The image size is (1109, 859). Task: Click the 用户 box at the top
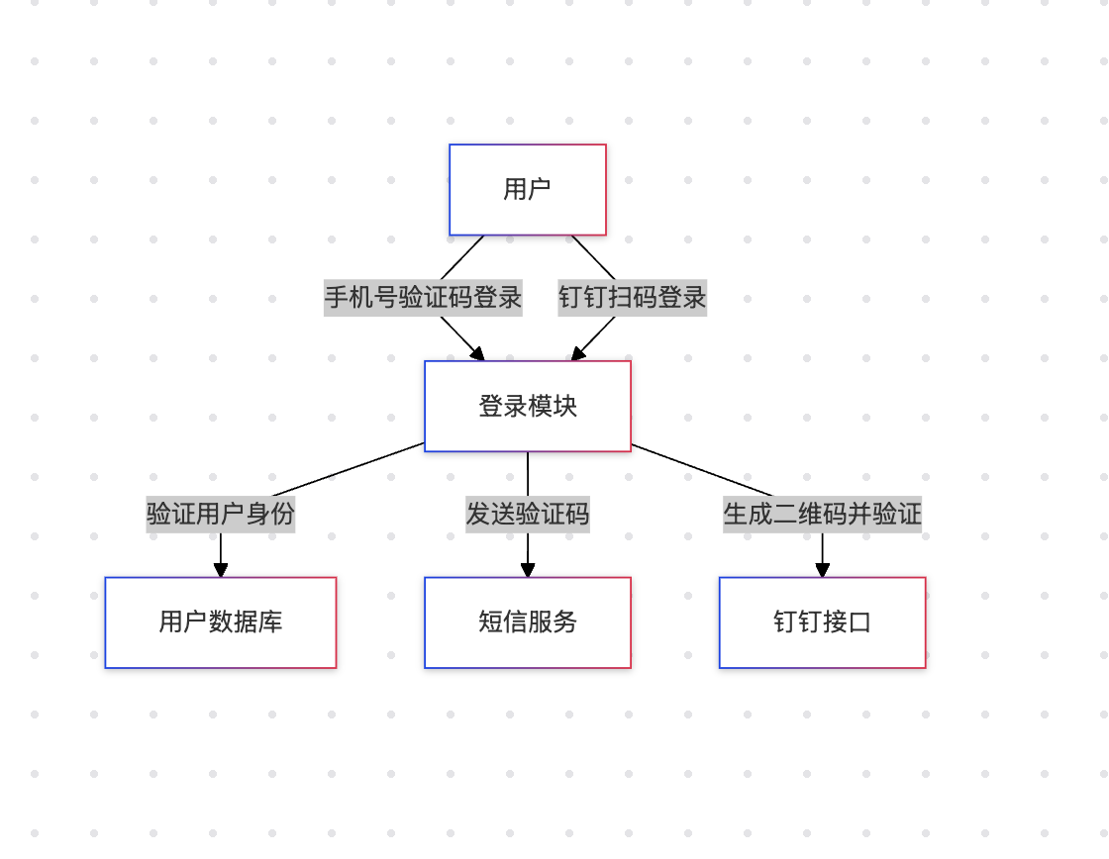(527, 190)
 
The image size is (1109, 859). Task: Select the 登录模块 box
(527, 406)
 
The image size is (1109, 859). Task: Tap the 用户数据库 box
(220, 622)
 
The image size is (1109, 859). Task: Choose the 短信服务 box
(527, 622)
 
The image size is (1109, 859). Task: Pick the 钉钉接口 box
(822, 622)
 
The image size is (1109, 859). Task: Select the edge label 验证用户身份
(220, 515)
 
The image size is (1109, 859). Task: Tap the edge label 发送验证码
(527, 515)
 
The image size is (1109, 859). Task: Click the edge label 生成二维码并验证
(822, 515)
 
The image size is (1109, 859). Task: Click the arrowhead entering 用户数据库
(220, 570)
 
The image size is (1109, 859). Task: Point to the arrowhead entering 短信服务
(528, 570)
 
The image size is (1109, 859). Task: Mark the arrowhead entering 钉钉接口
(822, 570)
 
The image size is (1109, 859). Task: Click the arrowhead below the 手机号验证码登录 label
(477, 353)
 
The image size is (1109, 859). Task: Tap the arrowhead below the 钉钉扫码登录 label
(578, 353)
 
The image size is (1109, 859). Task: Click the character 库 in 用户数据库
(270, 622)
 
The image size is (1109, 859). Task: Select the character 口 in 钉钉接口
(859, 622)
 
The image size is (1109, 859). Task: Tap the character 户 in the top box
(540, 190)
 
